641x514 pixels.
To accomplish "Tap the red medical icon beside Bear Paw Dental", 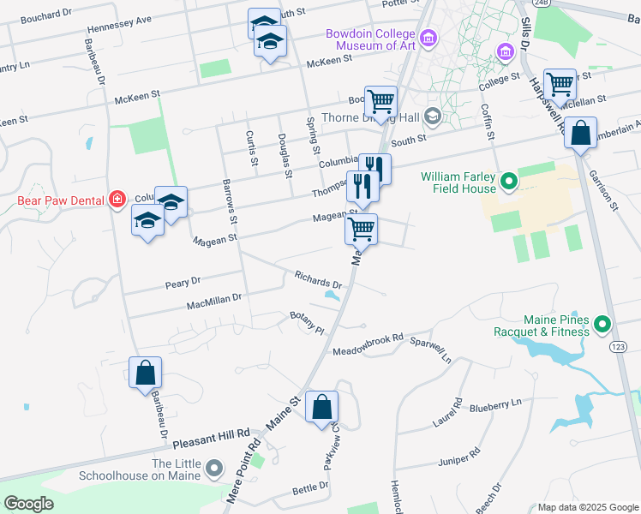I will (x=116, y=200).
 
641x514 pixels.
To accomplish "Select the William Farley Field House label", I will (x=458, y=182).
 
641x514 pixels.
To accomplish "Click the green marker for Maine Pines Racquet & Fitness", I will (x=602, y=324).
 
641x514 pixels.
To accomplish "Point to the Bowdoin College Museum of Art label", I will (x=371, y=40).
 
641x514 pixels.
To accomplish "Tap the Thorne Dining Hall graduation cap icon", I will (x=433, y=116).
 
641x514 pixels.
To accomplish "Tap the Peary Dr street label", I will (x=183, y=281).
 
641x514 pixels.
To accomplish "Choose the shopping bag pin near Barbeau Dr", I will (x=145, y=373).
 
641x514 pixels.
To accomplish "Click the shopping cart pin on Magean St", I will (x=362, y=229).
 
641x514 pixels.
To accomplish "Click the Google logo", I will (x=29, y=504).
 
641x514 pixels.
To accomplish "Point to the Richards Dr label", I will (x=318, y=279).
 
